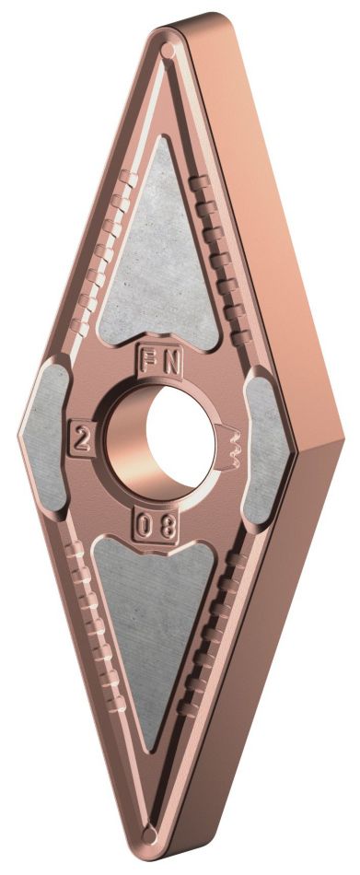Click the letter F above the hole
click(x=147, y=358)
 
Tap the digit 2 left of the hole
click(x=83, y=440)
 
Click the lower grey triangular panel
click(x=157, y=636)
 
